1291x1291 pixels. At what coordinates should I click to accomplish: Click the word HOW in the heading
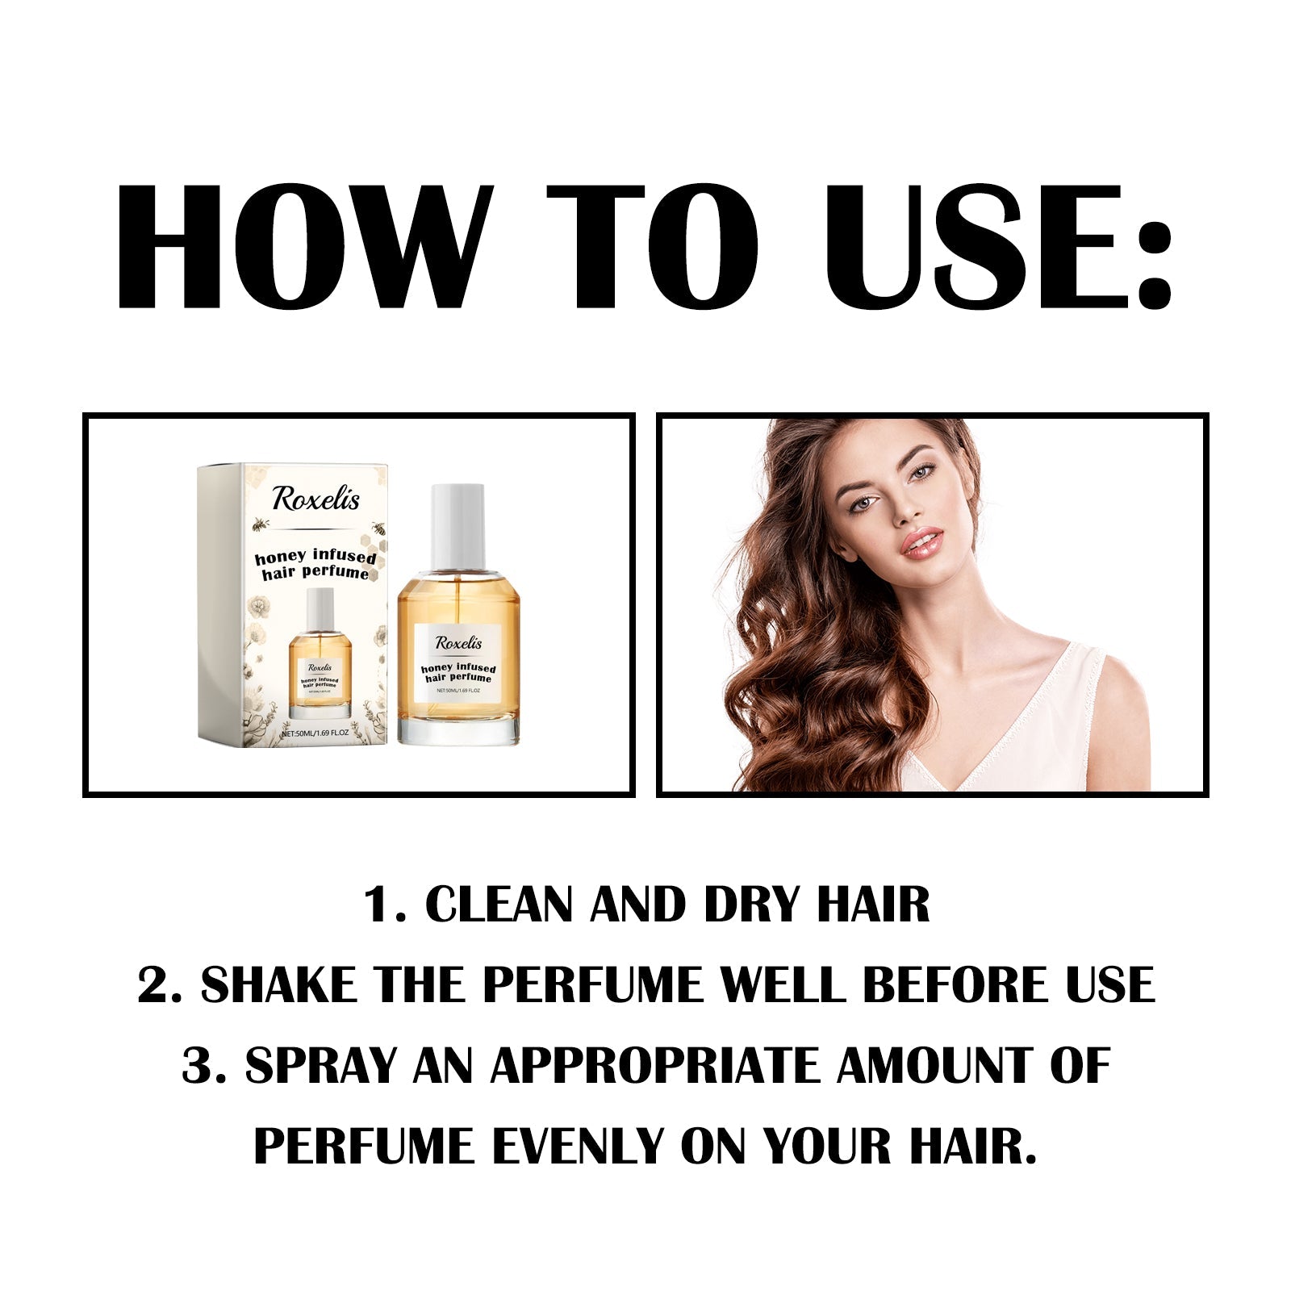303,247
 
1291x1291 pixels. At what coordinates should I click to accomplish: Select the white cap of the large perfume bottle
457,526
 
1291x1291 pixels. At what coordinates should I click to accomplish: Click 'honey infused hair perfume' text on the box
315,565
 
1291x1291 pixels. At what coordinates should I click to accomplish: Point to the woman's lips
922,542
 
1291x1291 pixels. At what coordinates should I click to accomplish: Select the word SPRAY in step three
320,1066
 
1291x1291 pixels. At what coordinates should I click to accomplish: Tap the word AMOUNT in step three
934,1066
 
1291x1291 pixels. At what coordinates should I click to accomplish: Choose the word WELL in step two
782,985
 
